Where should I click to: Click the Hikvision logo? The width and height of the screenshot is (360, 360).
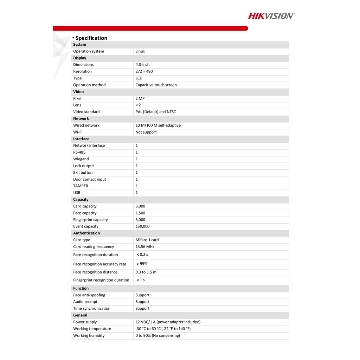click(x=271, y=15)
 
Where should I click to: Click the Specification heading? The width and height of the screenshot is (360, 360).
click(x=91, y=38)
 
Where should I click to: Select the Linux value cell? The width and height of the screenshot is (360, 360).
click(x=140, y=51)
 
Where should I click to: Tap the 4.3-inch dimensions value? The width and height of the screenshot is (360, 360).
click(x=142, y=65)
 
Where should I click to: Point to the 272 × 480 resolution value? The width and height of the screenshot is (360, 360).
click(x=144, y=71)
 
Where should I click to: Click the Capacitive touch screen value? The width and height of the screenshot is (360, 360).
click(x=156, y=85)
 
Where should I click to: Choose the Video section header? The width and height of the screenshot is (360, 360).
click(x=78, y=92)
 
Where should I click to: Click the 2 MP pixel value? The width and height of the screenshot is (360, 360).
click(x=140, y=98)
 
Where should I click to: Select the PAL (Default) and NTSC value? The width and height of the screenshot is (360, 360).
click(x=156, y=112)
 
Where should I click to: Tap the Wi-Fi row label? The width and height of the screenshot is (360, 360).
click(x=78, y=132)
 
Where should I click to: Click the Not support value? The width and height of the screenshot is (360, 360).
click(x=146, y=132)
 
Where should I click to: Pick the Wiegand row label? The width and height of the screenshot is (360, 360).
click(x=81, y=159)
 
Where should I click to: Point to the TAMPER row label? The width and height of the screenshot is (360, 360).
click(x=81, y=186)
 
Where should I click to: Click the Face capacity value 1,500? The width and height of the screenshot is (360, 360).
click(x=140, y=213)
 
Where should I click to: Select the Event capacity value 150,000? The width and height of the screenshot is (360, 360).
click(x=142, y=226)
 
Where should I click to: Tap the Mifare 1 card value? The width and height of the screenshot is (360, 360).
click(x=147, y=240)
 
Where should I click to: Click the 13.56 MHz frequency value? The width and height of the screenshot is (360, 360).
click(x=145, y=247)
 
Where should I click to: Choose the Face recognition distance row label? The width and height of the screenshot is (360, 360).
click(x=95, y=272)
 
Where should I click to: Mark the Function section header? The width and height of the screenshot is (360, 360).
click(x=81, y=288)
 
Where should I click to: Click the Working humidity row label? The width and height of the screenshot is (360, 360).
click(x=89, y=335)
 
